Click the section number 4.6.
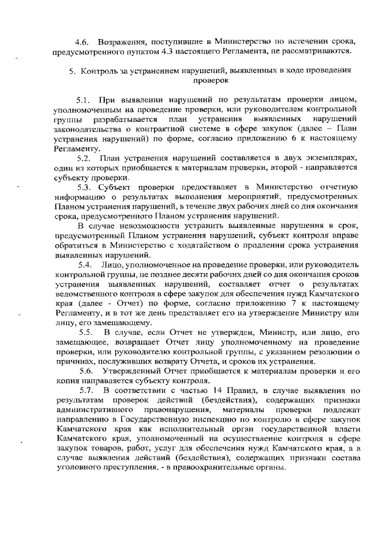click(x=80, y=41)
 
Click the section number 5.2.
click(x=83, y=158)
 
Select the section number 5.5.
click(x=83, y=334)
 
